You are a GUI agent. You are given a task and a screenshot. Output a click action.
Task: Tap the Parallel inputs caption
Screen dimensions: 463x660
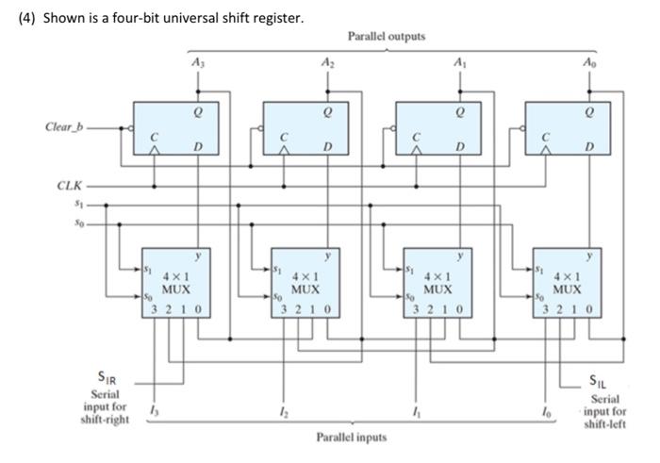click(x=352, y=438)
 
